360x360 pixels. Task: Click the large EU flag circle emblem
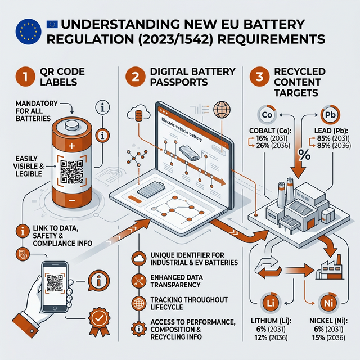click(x=28, y=31)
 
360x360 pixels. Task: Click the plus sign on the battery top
click(x=71, y=145)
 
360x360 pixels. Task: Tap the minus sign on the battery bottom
click(x=71, y=200)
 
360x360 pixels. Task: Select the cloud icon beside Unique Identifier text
click(x=138, y=258)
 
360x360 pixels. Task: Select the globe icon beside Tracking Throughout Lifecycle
click(x=138, y=302)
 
